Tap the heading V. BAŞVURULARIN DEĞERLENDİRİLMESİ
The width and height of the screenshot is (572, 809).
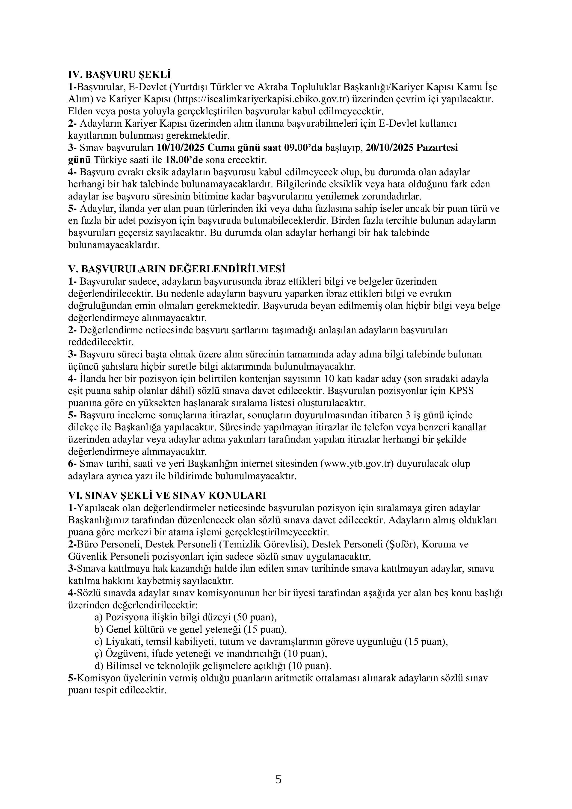point(176,269)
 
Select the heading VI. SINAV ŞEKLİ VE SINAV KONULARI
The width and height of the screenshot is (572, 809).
point(167,495)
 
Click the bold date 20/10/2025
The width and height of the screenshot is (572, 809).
point(390,148)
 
